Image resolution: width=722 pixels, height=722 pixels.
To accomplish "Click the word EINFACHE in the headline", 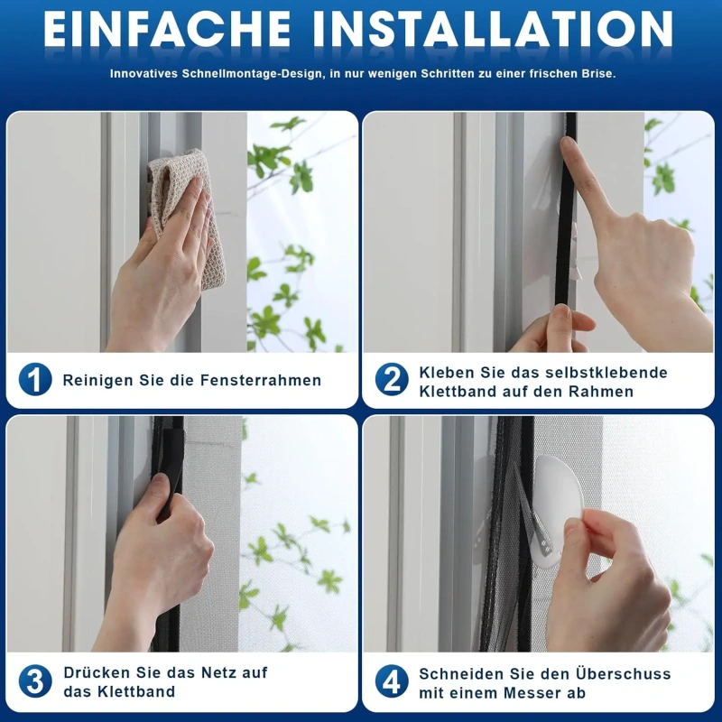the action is pyautogui.click(x=167, y=29).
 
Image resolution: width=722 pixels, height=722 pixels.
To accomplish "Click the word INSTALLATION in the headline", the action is pyautogui.click(x=493, y=29).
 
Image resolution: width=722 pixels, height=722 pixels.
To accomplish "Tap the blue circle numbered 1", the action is pyautogui.click(x=35, y=379).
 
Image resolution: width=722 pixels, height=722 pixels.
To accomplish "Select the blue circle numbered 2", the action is pyautogui.click(x=392, y=379).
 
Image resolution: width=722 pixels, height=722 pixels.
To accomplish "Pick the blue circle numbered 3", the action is pyautogui.click(x=35, y=681).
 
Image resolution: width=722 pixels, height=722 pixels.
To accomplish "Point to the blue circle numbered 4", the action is pyautogui.click(x=392, y=681).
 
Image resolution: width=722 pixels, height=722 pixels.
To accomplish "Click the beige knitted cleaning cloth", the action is pyautogui.click(x=187, y=217).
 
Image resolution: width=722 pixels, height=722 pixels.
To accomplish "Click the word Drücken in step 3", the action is pyautogui.click(x=97, y=672).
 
